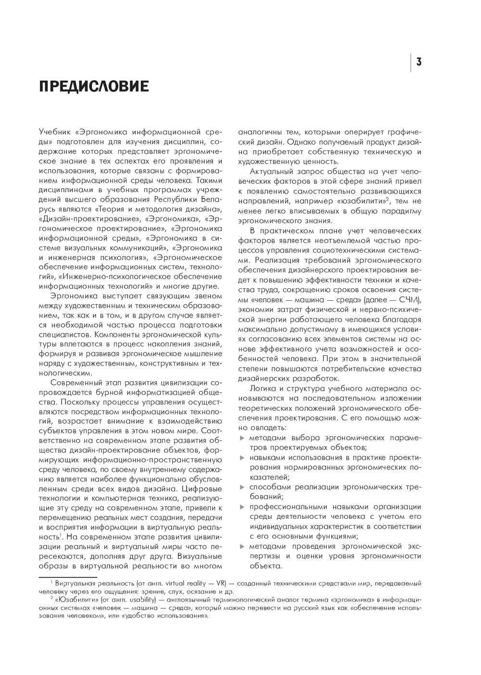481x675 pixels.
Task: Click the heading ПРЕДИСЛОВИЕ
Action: click(x=94, y=86)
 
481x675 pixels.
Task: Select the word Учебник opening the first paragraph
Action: click(x=54, y=131)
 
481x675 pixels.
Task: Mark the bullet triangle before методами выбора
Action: click(x=242, y=438)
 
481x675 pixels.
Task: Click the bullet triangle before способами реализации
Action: click(x=242, y=487)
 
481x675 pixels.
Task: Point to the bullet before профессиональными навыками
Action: click(x=242, y=506)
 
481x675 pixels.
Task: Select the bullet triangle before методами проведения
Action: click(x=242, y=546)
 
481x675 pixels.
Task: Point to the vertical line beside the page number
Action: click(x=411, y=62)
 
